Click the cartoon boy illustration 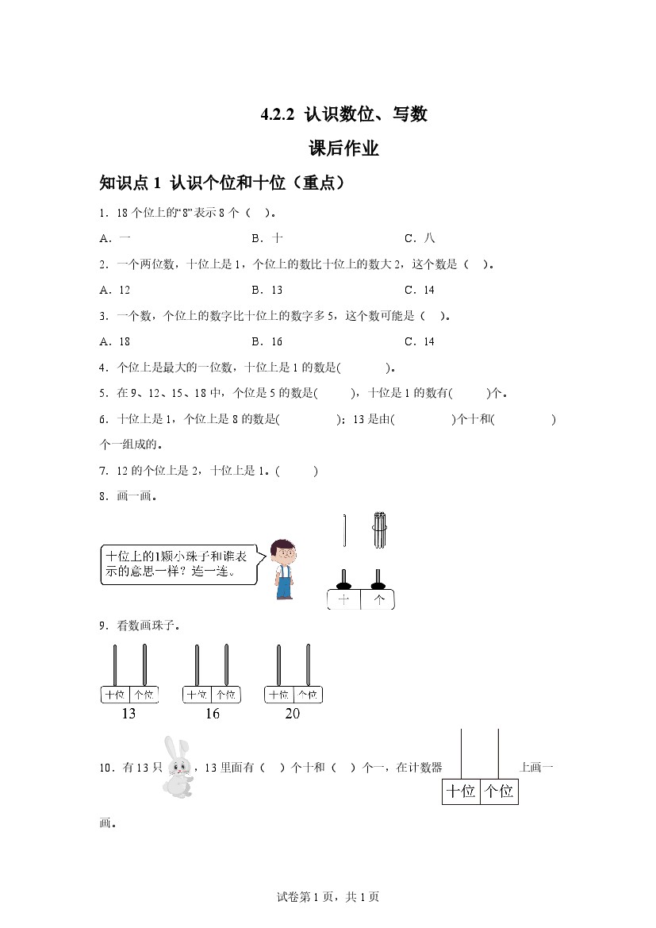point(282,569)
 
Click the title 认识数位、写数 point(344,114)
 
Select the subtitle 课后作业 point(343,148)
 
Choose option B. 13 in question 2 point(267,290)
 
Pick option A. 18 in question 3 point(115,341)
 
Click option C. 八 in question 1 point(420,238)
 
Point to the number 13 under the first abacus point(129,714)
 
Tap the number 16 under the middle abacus point(212,714)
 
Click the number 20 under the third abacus point(292,714)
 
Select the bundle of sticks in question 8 point(379,530)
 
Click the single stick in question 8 point(345,530)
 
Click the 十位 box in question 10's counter point(461,791)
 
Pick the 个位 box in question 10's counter point(499,791)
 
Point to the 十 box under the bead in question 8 point(343,600)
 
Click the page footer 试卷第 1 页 point(328,897)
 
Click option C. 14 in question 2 point(420,290)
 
